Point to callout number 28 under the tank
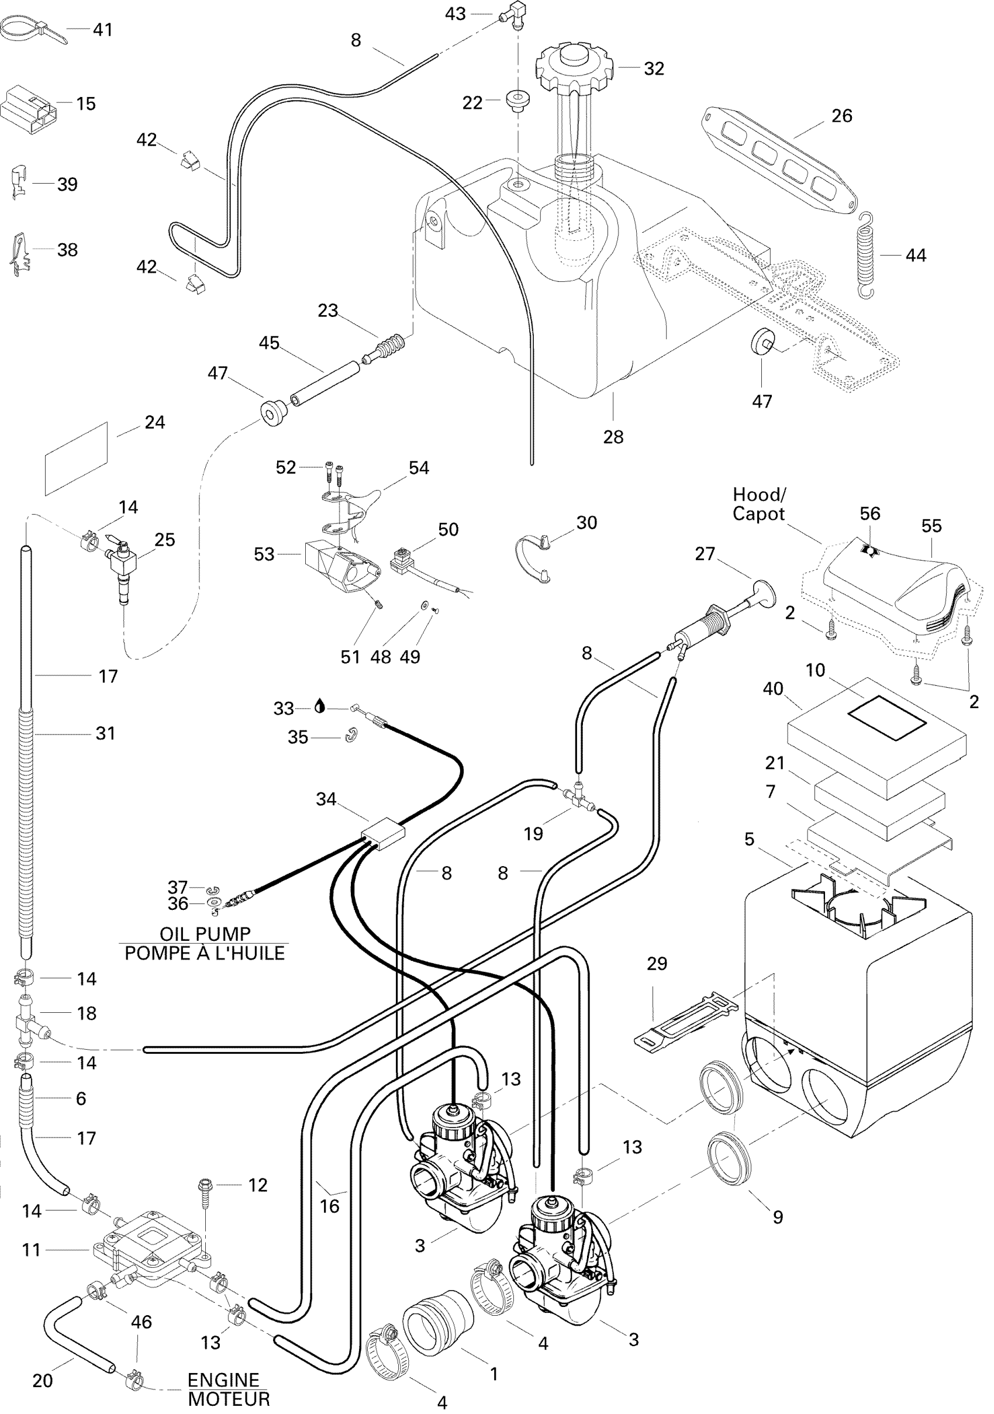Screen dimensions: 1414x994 [x=613, y=437]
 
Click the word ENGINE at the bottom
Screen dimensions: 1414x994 [x=223, y=1379]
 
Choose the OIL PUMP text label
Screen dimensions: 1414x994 [x=205, y=934]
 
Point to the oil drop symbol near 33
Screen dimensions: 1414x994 [x=319, y=706]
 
